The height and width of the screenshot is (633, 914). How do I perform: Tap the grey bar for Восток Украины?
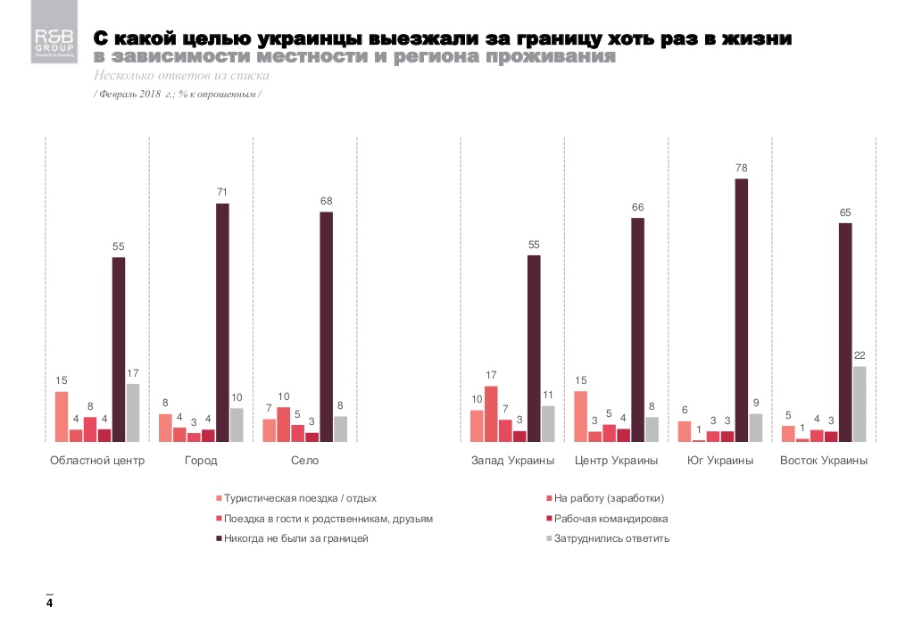[x=860, y=404]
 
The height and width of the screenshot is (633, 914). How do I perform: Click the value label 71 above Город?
[x=222, y=192]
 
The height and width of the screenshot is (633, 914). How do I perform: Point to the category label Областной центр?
[x=96, y=461]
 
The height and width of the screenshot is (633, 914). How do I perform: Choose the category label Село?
[x=304, y=461]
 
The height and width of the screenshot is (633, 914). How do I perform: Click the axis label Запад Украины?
[x=513, y=461]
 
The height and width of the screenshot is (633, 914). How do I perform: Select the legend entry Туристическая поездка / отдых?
[x=300, y=498]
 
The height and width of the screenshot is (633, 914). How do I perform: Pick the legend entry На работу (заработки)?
[x=609, y=498]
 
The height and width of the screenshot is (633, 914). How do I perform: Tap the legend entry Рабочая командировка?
[x=611, y=519]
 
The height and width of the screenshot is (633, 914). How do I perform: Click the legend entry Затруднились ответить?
[x=611, y=539]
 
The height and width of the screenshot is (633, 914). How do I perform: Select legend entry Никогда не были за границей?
[x=296, y=539]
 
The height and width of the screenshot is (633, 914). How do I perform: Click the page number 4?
[x=50, y=604]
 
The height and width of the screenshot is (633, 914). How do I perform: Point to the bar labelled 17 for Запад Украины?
[x=491, y=413]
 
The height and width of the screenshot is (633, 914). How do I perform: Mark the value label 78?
[x=742, y=167]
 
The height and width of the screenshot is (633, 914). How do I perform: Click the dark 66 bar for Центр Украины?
[x=638, y=329]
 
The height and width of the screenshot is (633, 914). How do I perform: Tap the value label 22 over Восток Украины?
[x=860, y=355]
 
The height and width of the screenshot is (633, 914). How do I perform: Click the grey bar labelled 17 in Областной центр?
[x=133, y=412]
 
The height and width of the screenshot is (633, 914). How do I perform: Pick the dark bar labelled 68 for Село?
[x=327, y=326]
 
